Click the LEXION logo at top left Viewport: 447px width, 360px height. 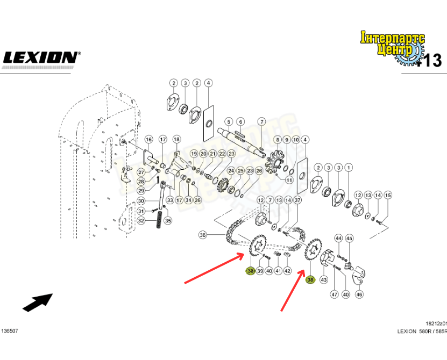pos(41,57)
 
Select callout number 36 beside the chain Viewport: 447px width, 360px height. pos(202,234)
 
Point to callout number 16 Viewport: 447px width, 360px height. pos(149,140)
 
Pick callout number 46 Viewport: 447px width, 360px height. pos(359,294)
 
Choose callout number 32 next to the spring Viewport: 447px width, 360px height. pos(141,220)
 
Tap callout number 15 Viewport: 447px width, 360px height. pos(388,195)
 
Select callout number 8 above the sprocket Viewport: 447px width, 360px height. pos(278,140)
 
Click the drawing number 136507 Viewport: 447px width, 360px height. pos(9,332)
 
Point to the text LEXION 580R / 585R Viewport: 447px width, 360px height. pos(421,332)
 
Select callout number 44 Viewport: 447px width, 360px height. pos(338,238)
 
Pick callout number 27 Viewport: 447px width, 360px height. pos(140,172)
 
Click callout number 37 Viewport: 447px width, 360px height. pos(298,200)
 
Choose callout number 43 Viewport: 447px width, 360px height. pos(323,280)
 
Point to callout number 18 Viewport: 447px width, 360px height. pos(176,140)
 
